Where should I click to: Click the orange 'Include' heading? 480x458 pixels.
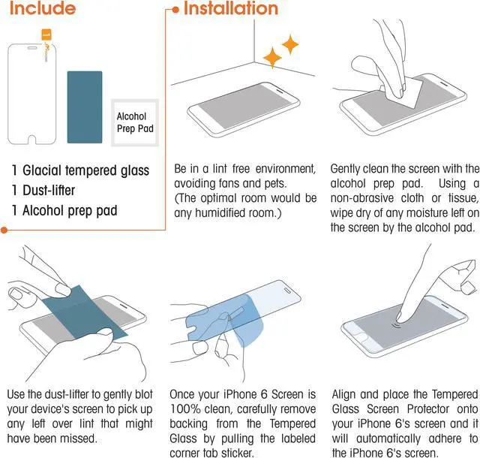point(43,8)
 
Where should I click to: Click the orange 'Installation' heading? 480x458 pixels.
point(231,8)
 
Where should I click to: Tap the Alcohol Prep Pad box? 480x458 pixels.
point(135,122)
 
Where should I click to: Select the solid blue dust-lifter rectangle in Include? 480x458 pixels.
point(85,107)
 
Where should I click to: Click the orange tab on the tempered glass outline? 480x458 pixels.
point(46,35)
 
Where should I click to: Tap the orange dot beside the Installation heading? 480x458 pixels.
point(175,10)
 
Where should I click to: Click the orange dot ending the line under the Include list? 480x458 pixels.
point(4,230)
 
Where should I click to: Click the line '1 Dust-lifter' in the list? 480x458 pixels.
point(43,191)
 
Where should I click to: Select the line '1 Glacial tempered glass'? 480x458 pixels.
point(80,170)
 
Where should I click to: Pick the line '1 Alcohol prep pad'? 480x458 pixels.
point(64,211)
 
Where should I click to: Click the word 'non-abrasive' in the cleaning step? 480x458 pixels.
point(361,198)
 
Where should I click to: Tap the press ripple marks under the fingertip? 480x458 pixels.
point(397,325)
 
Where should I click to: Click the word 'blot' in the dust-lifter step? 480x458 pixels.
point(142,394)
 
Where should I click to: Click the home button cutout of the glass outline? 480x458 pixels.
point(31,140)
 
